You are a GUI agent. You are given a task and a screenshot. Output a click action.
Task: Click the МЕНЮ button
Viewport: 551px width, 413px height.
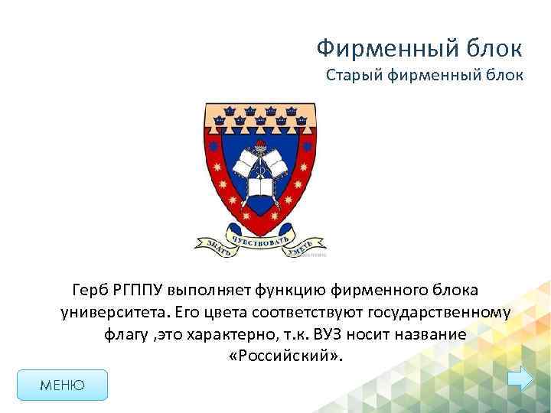63,385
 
